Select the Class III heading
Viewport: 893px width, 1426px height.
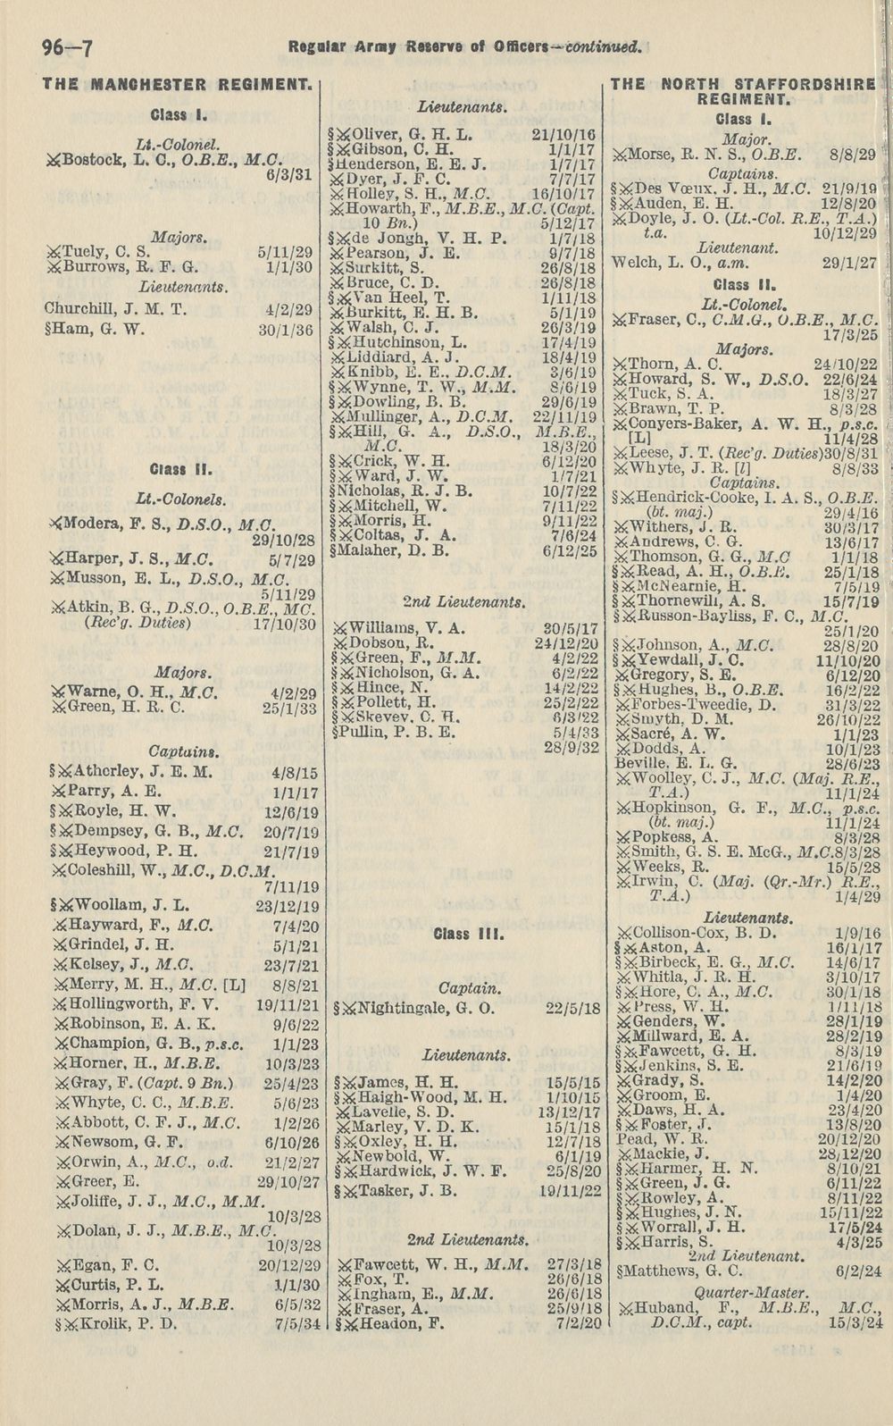coord(459,935)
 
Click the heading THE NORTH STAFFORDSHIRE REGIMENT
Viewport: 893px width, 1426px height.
coord(742,93)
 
